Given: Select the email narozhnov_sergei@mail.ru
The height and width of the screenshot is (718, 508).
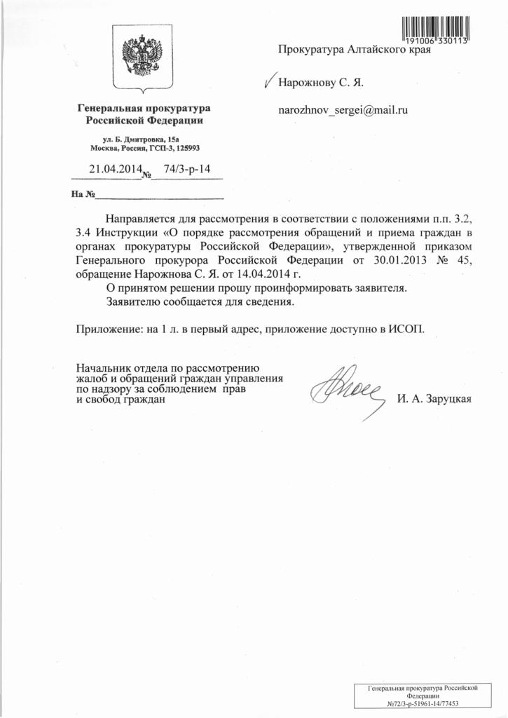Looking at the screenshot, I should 343,110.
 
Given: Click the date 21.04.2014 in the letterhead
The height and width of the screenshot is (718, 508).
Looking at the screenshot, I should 114,169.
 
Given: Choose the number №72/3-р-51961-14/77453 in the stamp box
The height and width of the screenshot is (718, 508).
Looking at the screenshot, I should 427,703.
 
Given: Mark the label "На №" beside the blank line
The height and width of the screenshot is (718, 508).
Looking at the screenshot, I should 82,194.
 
